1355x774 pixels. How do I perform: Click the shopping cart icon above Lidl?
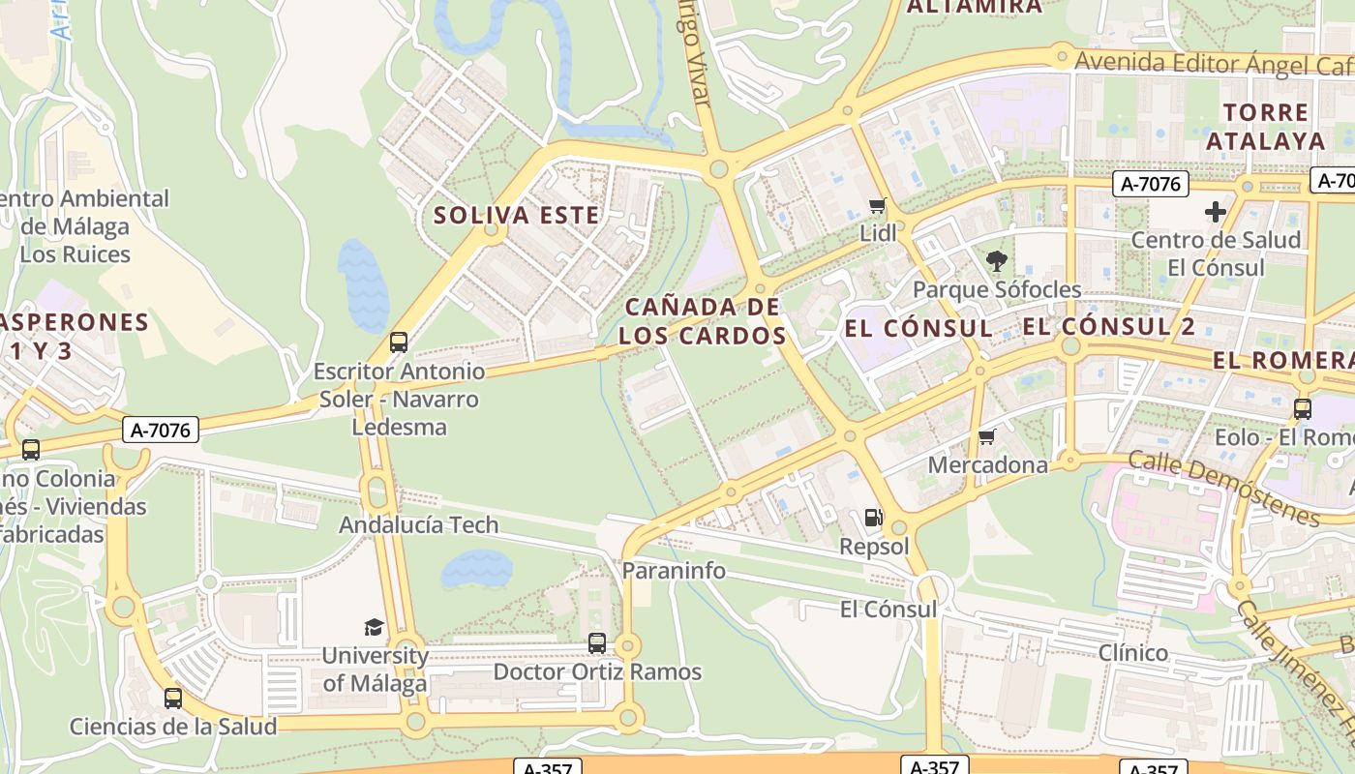click(x=878, y=205)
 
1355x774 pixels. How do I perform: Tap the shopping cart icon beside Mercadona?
click(x=986, y=437)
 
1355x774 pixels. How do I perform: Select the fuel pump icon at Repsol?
click(x=873, y=518)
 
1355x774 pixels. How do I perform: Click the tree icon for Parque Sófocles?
click(x=996, y=260)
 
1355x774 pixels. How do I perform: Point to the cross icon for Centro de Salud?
click(x=1216, y=212)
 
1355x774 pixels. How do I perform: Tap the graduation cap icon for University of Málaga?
click(x=374, y=627)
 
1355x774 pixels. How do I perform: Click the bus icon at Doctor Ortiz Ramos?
click(x=597, y=643)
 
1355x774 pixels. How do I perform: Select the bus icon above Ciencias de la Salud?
click(x=173, y=698)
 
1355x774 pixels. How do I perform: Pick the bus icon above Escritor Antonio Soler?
click(x=398, y=342)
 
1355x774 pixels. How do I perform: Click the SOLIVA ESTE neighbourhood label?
click(x=517, y=215)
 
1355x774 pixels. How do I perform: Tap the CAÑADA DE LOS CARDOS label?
click(x=703, y=321)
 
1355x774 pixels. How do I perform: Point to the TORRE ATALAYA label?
click(x=1265, y=127)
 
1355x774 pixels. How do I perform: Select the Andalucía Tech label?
click(x=418, y=525)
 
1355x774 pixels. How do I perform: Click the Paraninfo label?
click(x=674, y=571)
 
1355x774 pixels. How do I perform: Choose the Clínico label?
click(x=1133, y=653)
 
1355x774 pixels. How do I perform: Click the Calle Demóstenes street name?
click(x=1223, y=489)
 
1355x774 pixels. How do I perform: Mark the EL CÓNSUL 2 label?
click(x=1109, y=326)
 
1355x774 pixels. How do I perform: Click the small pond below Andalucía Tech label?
click(x=476, y=570)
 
